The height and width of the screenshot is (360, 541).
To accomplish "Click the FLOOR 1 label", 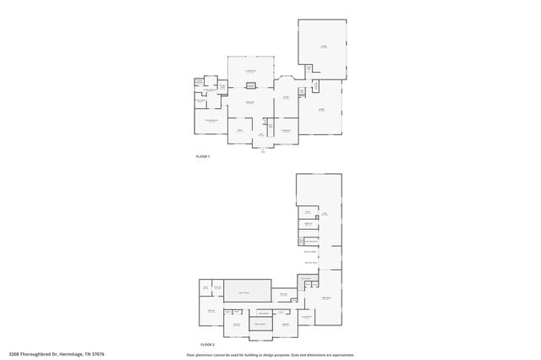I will [x=202, y=157].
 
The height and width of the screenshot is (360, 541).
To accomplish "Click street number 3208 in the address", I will [x=14, y=354].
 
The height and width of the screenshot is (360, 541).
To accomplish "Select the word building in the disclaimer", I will [x=247, y=355].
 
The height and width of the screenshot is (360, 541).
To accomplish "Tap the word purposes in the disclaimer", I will [x=283, y=355].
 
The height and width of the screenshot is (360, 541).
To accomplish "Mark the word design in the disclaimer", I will [x=269, y=355].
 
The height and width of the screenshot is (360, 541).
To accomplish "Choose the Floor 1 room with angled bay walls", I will [x=286, y=95].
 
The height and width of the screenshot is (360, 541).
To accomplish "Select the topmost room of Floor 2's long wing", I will [x=320, y=190].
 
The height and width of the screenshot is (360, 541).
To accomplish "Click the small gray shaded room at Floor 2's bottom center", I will [x=260, y=324].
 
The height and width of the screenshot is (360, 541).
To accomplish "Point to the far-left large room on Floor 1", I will [x=209, y=123].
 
